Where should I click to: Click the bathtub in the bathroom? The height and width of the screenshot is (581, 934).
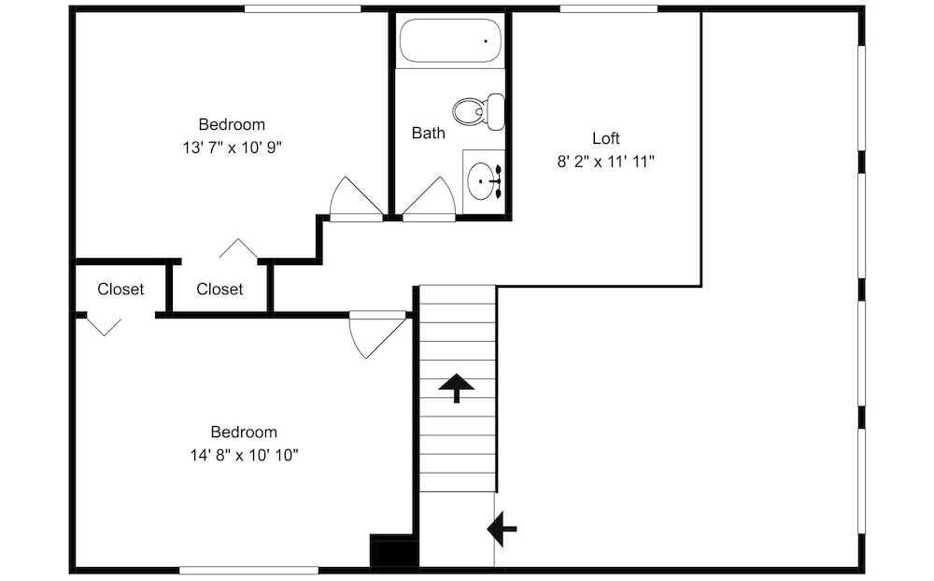450,40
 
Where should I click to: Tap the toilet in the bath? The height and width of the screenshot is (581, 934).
479,111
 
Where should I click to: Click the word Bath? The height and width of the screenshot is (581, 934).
429,133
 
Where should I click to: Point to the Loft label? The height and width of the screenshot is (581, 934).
606,138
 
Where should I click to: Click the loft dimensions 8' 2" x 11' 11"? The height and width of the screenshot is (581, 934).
606,162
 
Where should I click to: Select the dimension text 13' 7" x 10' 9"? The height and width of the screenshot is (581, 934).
233,148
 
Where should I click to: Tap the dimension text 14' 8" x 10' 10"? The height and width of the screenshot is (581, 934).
244,455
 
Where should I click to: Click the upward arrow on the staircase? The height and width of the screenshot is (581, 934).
457,388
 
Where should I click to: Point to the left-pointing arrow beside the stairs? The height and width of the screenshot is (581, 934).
502,529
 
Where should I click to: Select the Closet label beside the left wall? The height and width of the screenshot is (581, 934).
120,289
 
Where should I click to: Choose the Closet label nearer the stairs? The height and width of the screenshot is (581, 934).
219,289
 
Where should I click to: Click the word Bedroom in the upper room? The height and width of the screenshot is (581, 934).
232,124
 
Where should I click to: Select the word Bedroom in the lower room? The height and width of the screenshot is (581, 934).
244,432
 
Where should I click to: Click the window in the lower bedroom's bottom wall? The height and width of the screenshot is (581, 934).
249,571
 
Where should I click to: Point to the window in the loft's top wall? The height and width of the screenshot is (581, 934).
609,9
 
